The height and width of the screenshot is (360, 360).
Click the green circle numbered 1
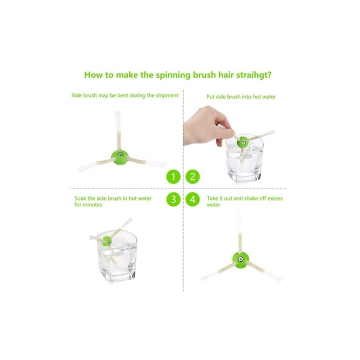click(x=173, y=176)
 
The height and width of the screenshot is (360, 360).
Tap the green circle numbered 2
click(x=193, y=176)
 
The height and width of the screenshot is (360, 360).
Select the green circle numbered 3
click(x=173, y=200)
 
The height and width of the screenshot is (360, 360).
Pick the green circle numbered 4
click(x=193, y=200)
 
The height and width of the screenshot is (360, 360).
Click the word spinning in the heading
click(x=173, y=76)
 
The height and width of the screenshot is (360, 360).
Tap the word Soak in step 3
click(x=80, y=199)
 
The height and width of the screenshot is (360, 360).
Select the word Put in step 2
click(x=210, y=97)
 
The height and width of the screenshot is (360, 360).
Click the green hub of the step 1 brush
click(x=119, y=156)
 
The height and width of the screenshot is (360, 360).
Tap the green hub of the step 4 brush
click(x=240, y=260)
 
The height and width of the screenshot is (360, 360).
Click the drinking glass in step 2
click(x=244, y=160)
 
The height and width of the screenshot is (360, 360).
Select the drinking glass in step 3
click(x=117, y=258)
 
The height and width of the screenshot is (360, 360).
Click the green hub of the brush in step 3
click(x=107, y=241)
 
